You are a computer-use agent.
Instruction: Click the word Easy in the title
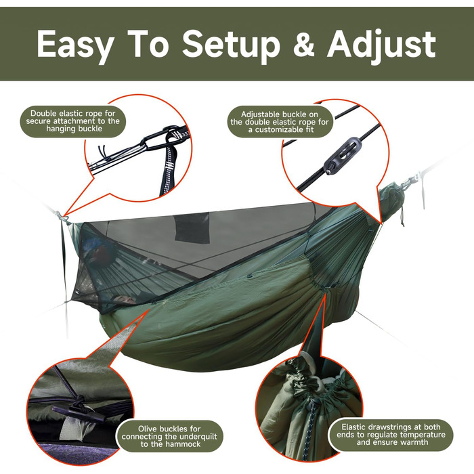(x=76, y=45)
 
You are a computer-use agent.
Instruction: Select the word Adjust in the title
(x=381, y=45)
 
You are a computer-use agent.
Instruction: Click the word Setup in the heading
(x=231, y=45)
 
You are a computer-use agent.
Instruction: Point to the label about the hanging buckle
(x=73, y=121)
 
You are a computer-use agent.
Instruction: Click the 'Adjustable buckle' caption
(x=279, y=122)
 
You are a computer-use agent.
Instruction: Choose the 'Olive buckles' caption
(x=169, y=436)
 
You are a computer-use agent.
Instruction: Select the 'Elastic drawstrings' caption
(x=391, y=435)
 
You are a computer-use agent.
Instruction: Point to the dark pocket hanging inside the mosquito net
(x=192, y=228)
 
